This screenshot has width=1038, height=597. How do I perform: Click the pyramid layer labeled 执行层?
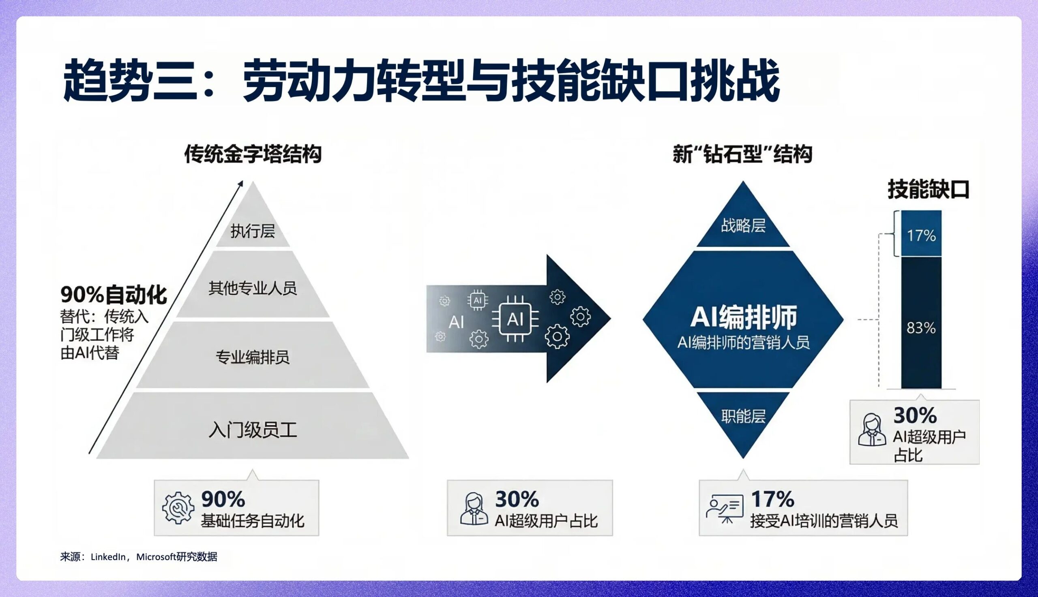[253, 231]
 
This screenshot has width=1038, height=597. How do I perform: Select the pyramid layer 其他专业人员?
[253, 288]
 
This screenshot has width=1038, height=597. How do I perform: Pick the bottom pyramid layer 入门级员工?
[253, 430]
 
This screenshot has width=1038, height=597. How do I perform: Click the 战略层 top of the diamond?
[743, 226]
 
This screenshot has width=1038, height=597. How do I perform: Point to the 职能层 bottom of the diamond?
[743, 417]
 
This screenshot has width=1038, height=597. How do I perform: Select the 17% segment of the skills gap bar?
[921, 235]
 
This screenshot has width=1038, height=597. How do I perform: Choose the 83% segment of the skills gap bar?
[921, 327]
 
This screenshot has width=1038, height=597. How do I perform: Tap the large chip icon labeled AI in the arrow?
[515, 319]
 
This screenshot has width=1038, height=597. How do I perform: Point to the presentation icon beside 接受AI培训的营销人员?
[725, 509]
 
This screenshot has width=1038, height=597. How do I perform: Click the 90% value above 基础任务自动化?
[223, 499]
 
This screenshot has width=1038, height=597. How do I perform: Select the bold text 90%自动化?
[114, 294]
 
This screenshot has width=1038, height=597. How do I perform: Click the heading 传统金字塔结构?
[253, 154]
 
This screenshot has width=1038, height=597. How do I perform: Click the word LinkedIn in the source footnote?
[108, 557]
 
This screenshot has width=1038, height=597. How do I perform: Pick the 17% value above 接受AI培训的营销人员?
[773, 499]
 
